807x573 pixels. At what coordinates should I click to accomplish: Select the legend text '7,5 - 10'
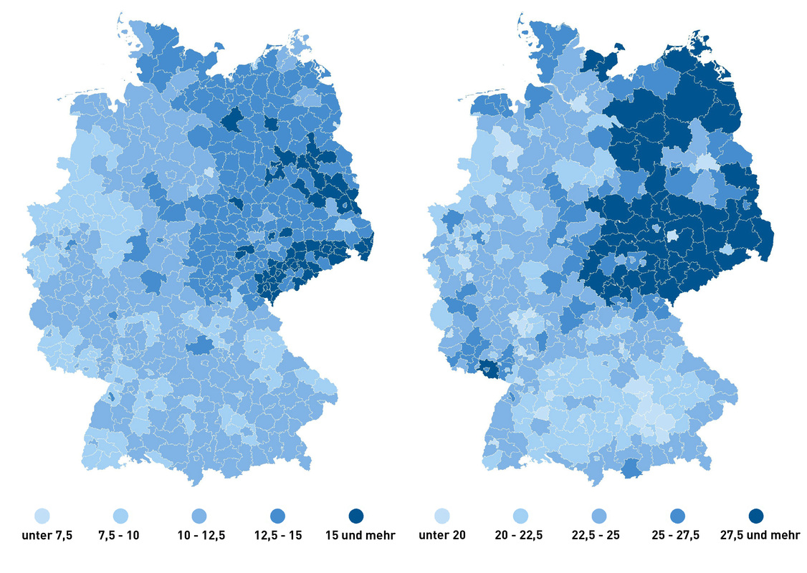pos(120,535)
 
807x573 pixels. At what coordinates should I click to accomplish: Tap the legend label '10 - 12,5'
pos(199,535)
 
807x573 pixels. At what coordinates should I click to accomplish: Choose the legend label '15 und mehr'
pos(355,535)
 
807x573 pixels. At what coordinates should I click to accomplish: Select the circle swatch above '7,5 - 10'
pos(120,516)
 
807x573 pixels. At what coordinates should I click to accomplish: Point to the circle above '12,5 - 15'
pos(277,516)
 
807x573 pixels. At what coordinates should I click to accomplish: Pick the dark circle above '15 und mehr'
pos(355,516)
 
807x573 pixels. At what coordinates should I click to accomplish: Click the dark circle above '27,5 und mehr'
pos(755,516)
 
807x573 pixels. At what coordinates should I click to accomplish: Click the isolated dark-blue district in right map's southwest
pos(490,368)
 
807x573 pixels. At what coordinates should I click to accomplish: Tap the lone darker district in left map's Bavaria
pos(201,346)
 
